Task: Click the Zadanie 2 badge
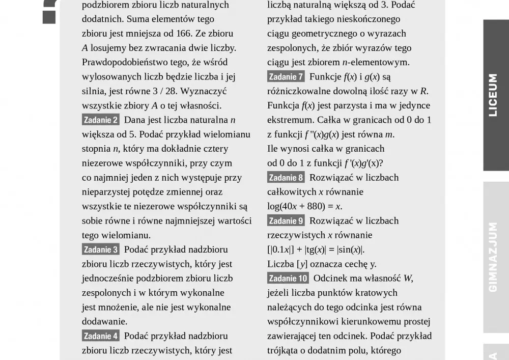[x=101, y=120]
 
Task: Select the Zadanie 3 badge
[x=101, y=250]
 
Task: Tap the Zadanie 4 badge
[x=101, y=336]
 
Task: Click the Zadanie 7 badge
[x=286, y=77]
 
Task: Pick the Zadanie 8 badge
[x=286, y=178]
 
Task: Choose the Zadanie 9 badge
[x=286, y=221]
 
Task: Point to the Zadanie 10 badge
[x=288, y=279]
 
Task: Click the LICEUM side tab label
[x=493, y=95]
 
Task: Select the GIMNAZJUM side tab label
[x=493, y=257]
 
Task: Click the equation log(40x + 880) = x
[x=304, y=207]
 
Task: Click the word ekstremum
[x=290, y=120]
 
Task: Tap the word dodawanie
[x=104, y=322]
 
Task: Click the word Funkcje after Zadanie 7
[x=325, y=77]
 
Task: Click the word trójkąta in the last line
[x=284, y=351]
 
